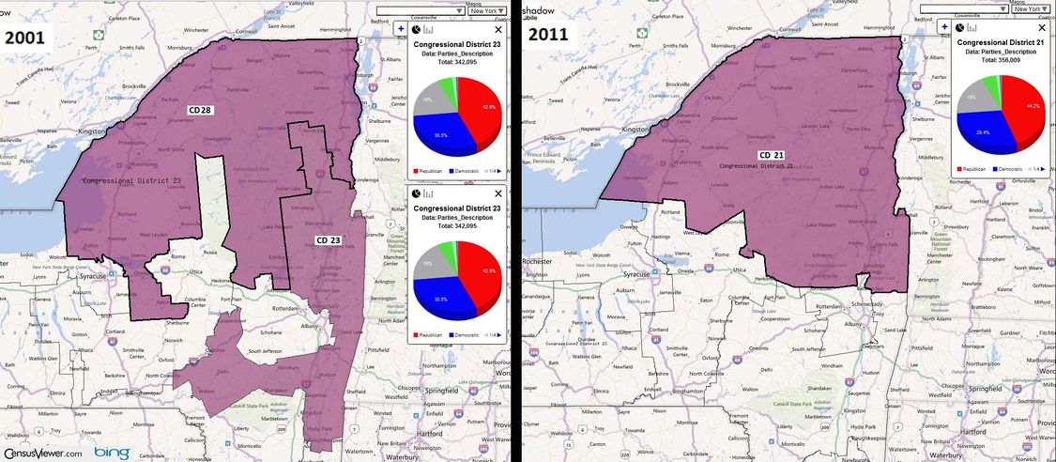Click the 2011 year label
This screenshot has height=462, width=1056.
555,36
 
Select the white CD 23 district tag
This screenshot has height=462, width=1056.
328,240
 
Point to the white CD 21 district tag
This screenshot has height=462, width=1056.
772,155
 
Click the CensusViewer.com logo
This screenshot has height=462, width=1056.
41,452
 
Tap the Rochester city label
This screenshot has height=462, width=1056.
539,261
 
